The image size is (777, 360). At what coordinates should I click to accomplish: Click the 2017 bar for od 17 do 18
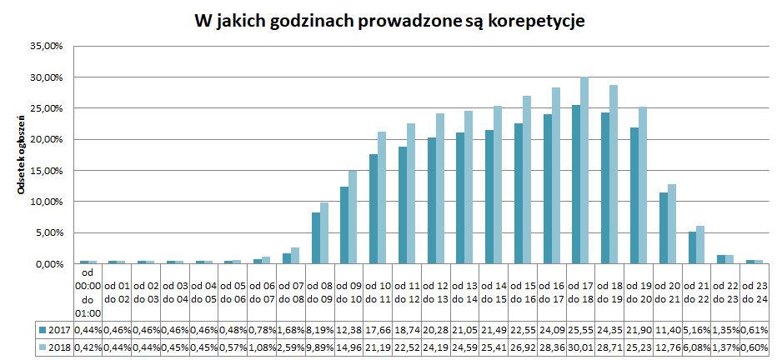(575, 184)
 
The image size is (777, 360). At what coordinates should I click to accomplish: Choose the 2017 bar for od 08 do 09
(316, 238)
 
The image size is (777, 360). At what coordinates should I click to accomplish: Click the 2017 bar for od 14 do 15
(489, 197)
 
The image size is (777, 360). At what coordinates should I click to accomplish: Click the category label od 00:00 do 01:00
(88, 292)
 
